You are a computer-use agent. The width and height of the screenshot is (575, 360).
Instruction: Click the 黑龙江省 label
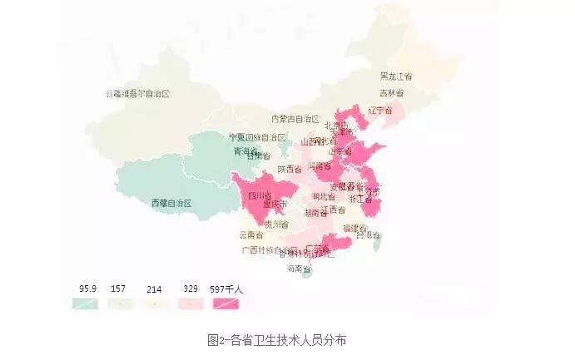[397, 76]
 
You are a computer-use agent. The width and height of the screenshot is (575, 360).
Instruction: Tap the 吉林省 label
[392, 92]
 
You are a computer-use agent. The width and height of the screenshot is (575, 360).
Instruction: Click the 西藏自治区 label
[171, 203]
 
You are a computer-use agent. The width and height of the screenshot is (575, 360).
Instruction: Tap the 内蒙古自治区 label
[296, 119]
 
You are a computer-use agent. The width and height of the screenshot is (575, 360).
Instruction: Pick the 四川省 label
[260, 195]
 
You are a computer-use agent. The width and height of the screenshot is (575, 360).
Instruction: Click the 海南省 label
[299, 269]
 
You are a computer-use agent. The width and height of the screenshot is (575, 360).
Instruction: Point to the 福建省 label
[355, 228]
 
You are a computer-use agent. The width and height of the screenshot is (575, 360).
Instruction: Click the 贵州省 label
[276, 224]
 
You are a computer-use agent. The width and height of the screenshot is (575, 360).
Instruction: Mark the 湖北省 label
[325, 196]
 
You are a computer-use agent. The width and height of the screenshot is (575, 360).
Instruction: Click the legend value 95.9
[87, 288]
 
